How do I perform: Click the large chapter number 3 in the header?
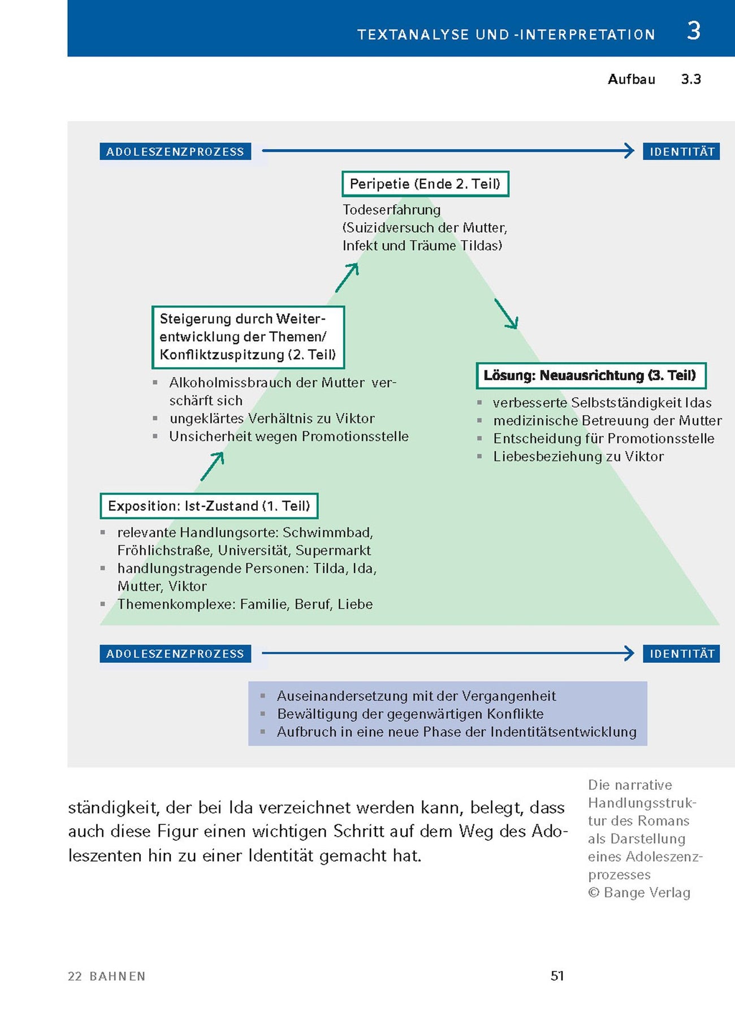(x=694, y=31)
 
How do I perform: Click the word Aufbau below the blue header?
(x=631, y=79)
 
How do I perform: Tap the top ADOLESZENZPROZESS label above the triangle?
(x=175, y=151)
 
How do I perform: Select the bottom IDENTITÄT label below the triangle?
(x=681, y=654)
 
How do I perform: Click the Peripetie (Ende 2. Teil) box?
(x=425, y=184)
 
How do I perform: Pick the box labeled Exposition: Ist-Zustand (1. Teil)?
(x=209, y=506)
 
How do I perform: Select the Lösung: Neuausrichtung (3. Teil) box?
(x=591, y=376)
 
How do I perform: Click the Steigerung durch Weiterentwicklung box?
(x=248, y=337)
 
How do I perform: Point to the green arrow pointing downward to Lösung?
(x=506, y=314)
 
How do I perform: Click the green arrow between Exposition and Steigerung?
(x=213, y=466)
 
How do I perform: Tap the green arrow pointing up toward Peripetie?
(x=347, y=277)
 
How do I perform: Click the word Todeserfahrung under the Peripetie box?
(x=391, y=210)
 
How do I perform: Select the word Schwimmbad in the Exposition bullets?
(x=327, y=532)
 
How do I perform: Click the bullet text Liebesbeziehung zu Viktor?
(x=578, y=457)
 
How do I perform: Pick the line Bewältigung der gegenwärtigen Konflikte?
(x=410, y=714)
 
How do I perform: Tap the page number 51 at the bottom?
(x=557, y=976)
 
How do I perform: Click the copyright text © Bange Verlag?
(x=639, y=893)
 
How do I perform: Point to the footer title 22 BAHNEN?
(x=106, y=976)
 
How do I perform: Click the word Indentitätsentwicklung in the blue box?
(x=563, y=732)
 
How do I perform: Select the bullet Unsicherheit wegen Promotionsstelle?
(x=288, y=436)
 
